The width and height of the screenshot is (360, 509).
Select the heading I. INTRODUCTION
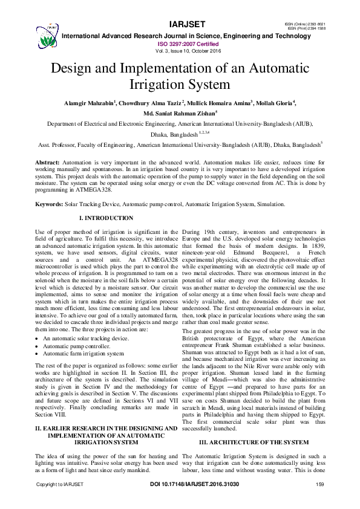(x=106, y=218)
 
